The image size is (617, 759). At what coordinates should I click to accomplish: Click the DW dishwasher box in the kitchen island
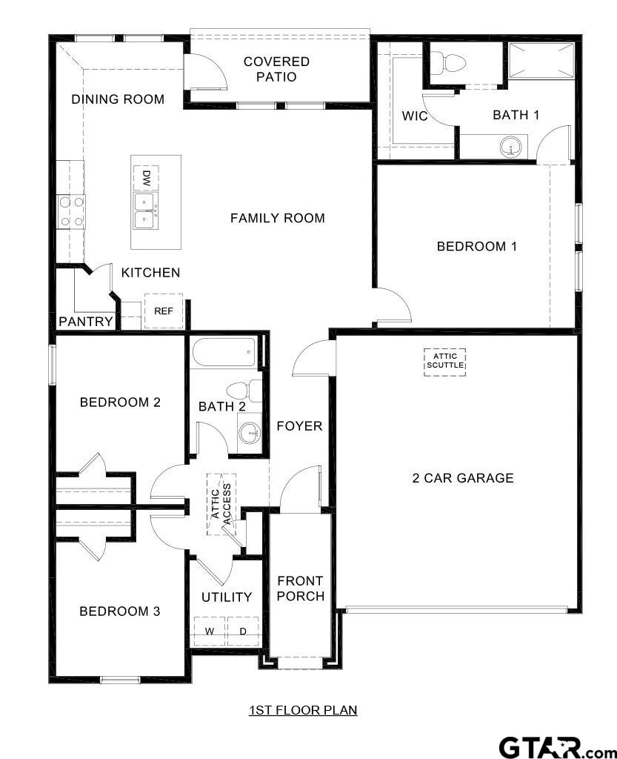pos(146,178)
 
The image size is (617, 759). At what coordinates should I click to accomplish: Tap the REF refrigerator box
pos(164,311)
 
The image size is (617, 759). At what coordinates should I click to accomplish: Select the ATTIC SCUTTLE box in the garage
pos(445,361)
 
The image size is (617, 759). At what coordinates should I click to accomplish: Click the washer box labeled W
pos(210,632)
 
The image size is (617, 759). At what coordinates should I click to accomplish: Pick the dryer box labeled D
pos(242,632)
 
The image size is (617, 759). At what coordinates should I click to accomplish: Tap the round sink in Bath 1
pos(510,148)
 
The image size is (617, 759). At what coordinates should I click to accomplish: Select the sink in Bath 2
pos(250,431)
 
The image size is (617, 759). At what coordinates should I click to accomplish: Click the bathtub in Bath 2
pos(224,352)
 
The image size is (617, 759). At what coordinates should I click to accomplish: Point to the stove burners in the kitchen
pos(71,211)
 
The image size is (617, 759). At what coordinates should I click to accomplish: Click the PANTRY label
pos(86,322)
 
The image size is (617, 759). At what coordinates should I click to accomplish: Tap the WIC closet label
pos(415,116)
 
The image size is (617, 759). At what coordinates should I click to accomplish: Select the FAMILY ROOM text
pos(277,218)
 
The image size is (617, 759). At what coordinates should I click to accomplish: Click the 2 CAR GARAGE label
pos(462,478)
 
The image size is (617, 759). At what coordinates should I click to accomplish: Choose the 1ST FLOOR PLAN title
pos(302,710)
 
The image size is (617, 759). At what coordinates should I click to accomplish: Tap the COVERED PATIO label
pos(276,69)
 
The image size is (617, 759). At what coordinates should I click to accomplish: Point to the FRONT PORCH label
pos(300,589)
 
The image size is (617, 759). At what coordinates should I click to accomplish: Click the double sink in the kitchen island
pos(145,211)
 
